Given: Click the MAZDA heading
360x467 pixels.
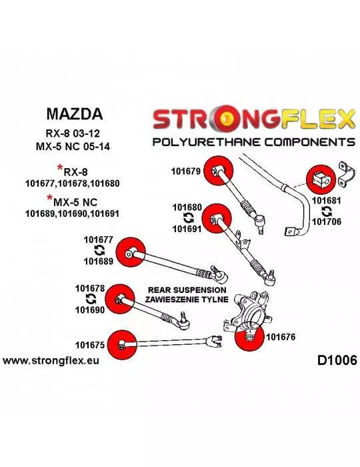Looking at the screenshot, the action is [75, 114].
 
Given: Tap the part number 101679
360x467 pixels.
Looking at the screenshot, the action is [185, 171].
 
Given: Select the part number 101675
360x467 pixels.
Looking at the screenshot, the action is [90, 345].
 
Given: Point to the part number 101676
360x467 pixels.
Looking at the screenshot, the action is [281, 337].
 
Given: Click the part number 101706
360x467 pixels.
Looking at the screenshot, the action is [327, 221].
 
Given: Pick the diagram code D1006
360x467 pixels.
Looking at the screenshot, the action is [337, 361].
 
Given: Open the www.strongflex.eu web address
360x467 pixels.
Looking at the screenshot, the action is [51, 361].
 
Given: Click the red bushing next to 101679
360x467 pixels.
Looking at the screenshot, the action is [219, 171].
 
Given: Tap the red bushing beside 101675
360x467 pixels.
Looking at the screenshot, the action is [122, 345].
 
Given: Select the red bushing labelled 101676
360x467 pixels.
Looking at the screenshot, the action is [249, 338].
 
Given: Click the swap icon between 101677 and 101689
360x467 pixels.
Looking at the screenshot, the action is [99, 250].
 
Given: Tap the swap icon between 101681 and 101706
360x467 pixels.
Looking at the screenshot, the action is [327, 211].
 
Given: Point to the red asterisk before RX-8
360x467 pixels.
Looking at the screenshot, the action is [60, 167].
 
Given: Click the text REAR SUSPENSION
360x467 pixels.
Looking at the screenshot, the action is [187, 290].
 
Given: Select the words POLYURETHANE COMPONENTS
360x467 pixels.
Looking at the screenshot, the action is [254, 141].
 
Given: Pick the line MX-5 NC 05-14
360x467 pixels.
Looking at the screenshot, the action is [73, 147].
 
